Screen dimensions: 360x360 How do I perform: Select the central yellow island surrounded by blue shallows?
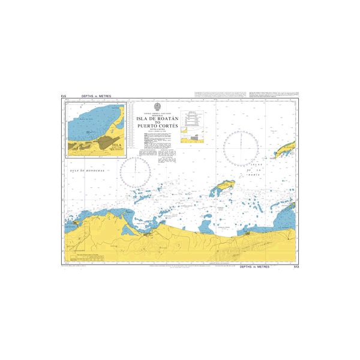222,190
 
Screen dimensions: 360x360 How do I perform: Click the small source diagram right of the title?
193,137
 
